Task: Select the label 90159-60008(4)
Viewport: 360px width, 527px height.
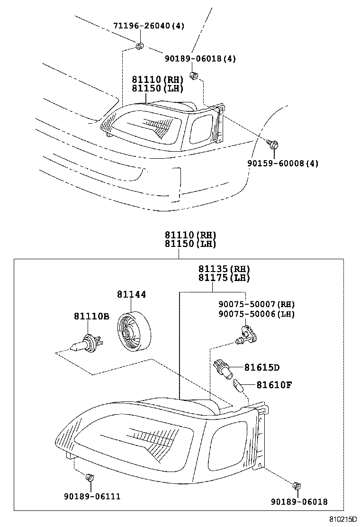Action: tap(282, 164)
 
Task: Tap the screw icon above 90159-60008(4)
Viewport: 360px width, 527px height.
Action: tap(273, 144)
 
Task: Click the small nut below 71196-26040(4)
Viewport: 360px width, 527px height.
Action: tap(139, 46)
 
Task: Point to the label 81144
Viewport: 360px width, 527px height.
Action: tap(132, 294)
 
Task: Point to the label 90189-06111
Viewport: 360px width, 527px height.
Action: tap(91, 496)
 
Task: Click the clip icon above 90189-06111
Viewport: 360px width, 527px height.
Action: tap(89, 477)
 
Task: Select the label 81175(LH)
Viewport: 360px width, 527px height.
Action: tap(224, 278)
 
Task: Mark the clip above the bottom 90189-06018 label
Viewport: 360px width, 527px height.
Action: tap(297, 485)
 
